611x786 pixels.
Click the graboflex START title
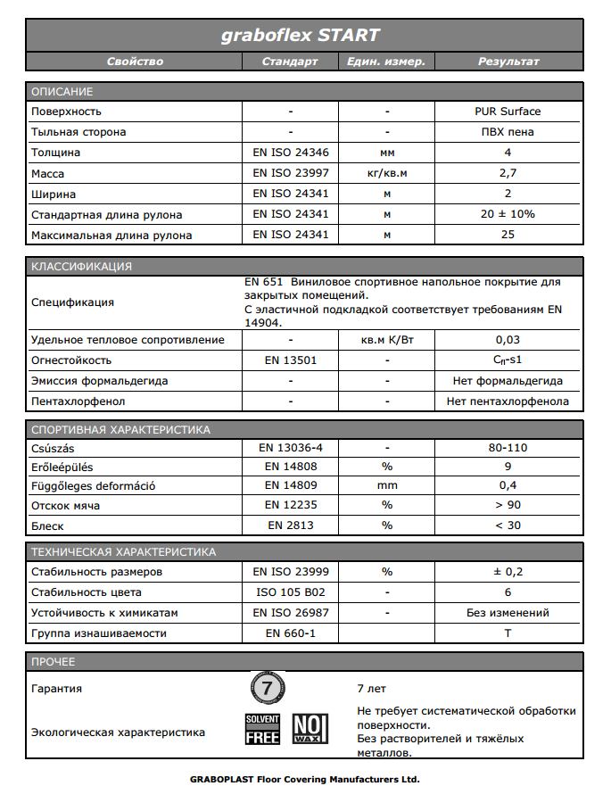tap(300, 35)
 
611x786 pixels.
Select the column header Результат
tap(508, 62)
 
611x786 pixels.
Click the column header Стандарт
tap(290, 62)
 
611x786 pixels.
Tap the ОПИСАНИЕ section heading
tap(62, 92)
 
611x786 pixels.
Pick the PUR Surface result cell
tap(508, 112)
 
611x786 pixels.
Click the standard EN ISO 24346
tap(291, 153)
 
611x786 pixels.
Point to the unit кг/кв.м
tap(387, 173)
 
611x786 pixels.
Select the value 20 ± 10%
tap(508, 214)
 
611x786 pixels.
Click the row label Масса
tap(48, 174)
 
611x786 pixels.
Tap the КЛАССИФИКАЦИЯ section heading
tap(81, 266)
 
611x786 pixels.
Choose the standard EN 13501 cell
tap(291, 360)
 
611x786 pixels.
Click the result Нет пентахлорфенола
tap(508, 401)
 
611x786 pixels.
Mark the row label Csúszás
tap(54, 449)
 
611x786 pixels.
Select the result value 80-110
tap(508, 449)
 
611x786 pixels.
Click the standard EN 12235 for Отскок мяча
tap(291, 506)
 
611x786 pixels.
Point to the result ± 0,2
tap(508, 572)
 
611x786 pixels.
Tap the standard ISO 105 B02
tap(291, 592)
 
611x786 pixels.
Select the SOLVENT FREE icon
tap(263, 729)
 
